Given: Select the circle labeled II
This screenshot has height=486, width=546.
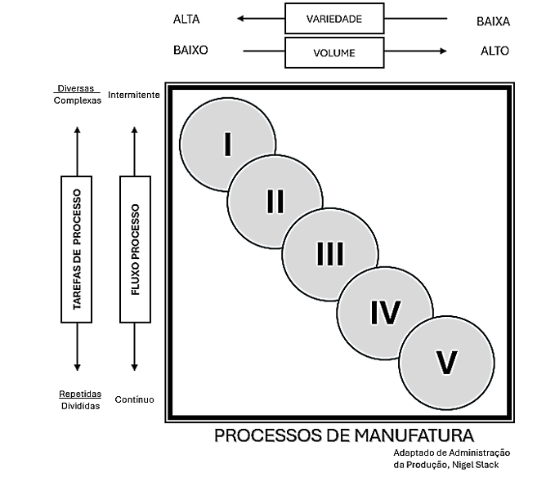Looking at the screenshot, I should pos(275,199).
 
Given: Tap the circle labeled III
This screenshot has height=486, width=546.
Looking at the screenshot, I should pos(329,254).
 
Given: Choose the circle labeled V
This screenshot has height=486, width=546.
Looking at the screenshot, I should pos(446,362).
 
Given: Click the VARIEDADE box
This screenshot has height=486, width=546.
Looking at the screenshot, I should pos(333,18).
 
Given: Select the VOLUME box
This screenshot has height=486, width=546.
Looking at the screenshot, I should pos(333,52).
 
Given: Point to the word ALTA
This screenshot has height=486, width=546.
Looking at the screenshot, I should pos(186,18).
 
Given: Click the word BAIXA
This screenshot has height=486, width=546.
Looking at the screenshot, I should pos(493,21).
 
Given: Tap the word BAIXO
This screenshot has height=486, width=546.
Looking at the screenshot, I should pos(190,50).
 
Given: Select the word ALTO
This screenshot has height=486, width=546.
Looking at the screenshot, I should pos(495,51).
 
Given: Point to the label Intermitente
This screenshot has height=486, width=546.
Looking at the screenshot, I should pos(133,94).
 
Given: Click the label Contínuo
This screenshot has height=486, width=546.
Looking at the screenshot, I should pos(134,399).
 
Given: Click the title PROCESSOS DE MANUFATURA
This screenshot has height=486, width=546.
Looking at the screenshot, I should pos(344,435).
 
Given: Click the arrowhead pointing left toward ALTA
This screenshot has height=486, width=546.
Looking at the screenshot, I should pos(240,18).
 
